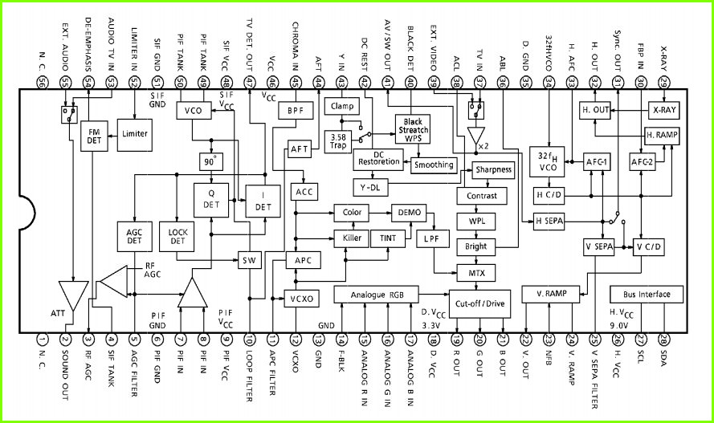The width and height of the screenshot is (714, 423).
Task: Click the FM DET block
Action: click(x=94, y=136)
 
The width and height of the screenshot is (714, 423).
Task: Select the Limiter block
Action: click(x=135, y=135)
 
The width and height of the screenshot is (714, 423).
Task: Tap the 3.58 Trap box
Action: click(x=338, y=142)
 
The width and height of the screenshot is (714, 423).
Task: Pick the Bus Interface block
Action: click(x=647, y=295)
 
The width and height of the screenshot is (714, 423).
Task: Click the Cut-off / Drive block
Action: click(x=479, y=304)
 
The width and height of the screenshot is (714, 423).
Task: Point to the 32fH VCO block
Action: click(x=547, y=162)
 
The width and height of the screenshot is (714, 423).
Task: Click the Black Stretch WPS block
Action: click(x=413, y=130)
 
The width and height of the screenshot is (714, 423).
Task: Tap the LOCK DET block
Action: click(x=177, y=237)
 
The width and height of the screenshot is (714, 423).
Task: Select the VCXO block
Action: click(x=301, y=299)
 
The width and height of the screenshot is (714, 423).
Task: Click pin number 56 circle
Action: click(x=42, y=83)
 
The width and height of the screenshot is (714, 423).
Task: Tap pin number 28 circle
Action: click(x=663, y=340)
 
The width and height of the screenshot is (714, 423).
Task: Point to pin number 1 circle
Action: click(x=42, y=340)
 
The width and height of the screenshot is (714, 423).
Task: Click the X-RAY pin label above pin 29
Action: click(x=663, y=58)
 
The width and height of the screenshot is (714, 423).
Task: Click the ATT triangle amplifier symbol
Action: click(x=73, y=295)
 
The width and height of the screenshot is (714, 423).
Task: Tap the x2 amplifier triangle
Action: click(x=475, y=136)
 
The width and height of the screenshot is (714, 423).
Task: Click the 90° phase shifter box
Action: click(x=211, y=162)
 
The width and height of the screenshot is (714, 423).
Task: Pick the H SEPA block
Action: click(x=549, y=222)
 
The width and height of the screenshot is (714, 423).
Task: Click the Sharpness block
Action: click(x=493, y=169)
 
